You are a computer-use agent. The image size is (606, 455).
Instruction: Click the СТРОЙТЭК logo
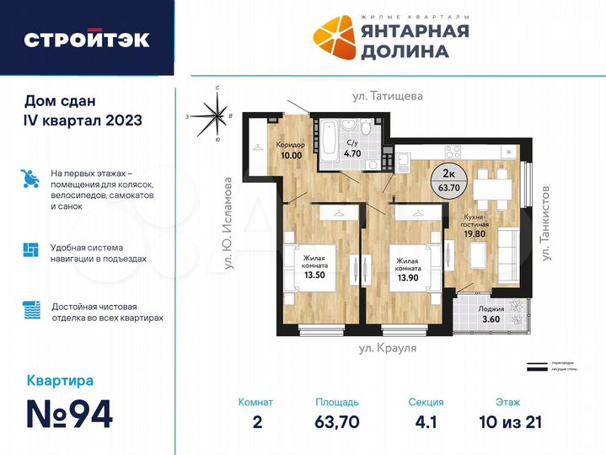click(x=87, y=39)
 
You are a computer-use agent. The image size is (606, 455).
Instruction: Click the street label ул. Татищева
click(x=388, y=96)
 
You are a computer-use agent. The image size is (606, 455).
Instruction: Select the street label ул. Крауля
click(x=388, y=346)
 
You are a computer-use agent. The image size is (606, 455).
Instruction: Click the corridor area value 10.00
click(x=289, y=155)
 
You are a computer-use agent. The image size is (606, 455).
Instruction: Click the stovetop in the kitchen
click(x=452, y=153)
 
